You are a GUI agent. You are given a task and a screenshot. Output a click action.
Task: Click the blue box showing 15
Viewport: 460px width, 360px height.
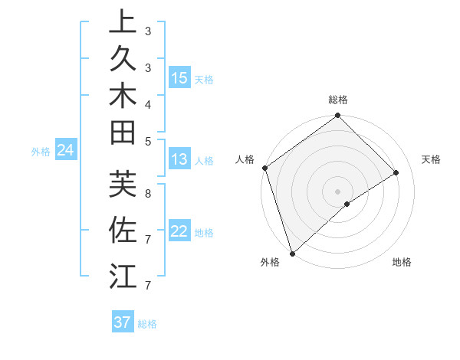pyautogui.click(x=179, y=77)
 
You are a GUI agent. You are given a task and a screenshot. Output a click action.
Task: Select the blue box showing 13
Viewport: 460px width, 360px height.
pyautogui.click(x=179, y=160)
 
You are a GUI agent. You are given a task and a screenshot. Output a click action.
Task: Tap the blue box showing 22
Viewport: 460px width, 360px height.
pyautogui.click(x=179, y=231)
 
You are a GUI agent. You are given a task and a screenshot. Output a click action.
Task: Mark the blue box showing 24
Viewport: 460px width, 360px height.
pyautogui.click(x=66, y=151)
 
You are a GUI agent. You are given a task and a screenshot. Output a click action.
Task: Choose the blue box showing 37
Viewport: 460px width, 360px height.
pyautogui.click(x=123, y=322)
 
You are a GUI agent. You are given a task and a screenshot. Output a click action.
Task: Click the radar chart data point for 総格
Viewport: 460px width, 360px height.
pyautogui.click(x=337, y=116)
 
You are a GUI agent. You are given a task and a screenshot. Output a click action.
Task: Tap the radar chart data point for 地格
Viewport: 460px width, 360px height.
pyautogui.click(x=347, y=204)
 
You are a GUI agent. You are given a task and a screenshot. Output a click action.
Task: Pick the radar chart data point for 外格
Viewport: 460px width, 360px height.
pyautogui.click(x=292, y=253)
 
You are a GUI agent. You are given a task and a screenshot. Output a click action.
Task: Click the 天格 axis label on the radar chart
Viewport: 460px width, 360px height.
pyautogui.click(x=431, y=159)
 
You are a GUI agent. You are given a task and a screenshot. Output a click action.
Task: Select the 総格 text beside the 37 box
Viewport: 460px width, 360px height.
pyautogui.click(x=147, y=324)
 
